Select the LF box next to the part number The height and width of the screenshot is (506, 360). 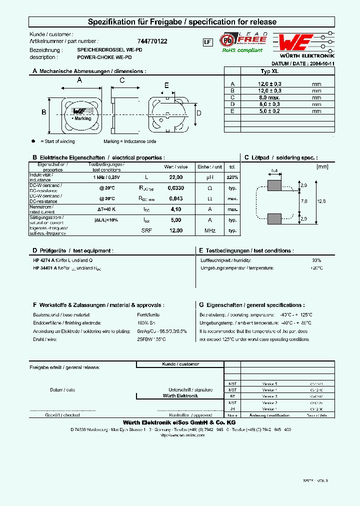207,42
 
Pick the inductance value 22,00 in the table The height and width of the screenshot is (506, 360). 175,177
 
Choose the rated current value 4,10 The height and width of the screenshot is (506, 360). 175,209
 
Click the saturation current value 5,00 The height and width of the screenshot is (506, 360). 175,219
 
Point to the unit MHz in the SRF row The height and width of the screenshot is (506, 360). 209,230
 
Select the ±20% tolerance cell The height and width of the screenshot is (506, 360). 232,177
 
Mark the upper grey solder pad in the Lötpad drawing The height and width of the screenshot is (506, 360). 274,186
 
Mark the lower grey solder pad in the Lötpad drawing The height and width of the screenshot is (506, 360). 274,219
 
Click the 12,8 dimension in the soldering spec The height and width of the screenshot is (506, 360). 321,201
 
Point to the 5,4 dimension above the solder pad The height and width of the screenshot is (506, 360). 274,171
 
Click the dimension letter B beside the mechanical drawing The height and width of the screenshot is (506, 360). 44,113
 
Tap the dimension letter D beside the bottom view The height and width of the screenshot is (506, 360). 198,113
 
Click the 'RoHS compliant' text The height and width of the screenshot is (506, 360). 242,50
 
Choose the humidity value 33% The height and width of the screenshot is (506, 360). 316,260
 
